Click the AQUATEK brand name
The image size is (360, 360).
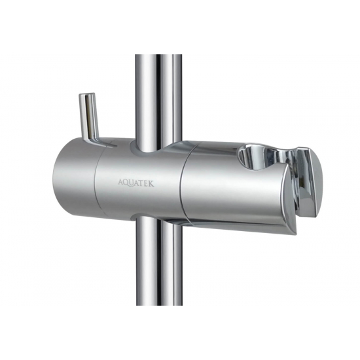136,183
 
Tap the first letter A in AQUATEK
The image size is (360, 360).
121,182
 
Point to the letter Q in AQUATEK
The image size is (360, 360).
127,183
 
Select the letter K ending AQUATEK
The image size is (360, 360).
151,184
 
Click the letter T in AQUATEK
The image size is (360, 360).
142,183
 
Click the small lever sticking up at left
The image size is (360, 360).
90,118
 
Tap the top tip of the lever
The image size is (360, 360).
86,94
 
